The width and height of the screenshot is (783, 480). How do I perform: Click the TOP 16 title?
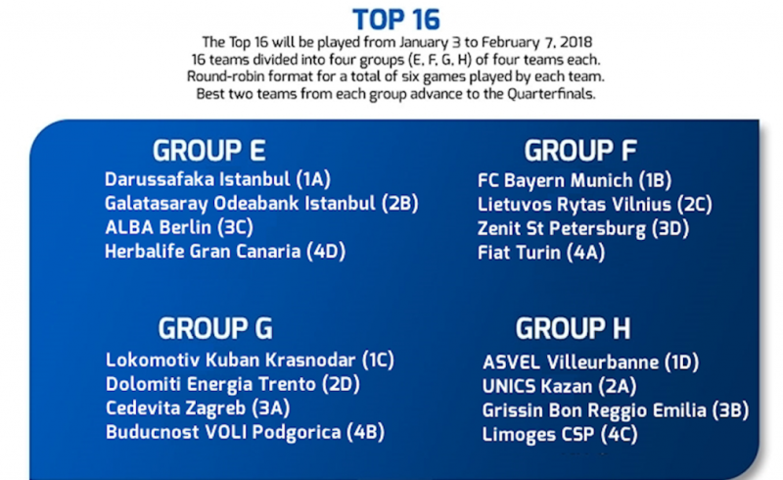click(396, 20)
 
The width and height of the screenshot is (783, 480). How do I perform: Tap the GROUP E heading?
click(209, 151)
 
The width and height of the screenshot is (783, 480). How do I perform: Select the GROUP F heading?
click(580, 151)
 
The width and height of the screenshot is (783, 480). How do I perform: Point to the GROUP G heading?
click(215, 328)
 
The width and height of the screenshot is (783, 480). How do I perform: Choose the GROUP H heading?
click(573, 328)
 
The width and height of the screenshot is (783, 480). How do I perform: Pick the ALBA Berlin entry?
click(179, 227)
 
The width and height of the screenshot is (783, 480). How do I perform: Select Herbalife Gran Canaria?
click(225, 252)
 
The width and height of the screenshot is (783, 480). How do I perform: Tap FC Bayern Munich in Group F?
click(575, 180)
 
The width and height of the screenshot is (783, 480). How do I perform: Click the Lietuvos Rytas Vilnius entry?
click(595, 205)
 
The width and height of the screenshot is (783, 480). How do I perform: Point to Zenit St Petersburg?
click(583, 228)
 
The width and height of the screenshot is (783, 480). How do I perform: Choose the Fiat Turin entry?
click(541, 253)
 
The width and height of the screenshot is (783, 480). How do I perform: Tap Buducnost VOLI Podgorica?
click(246, 432)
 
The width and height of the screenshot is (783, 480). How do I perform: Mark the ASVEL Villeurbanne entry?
click(591, 362)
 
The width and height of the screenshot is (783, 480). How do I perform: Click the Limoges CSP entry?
click(560, 434)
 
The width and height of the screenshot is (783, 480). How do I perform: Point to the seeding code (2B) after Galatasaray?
click(400, 204)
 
